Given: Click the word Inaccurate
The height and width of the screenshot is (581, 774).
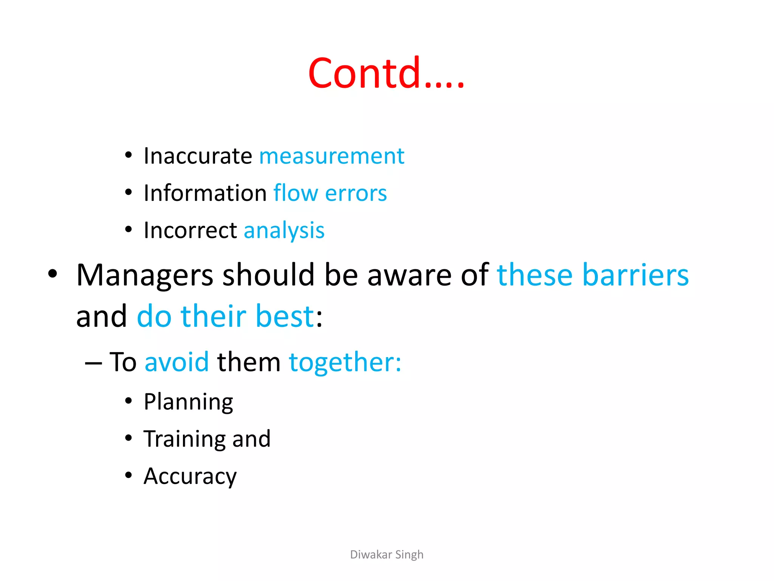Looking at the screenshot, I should coord(198,156).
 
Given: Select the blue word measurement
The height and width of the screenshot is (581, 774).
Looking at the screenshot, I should coord(331,156).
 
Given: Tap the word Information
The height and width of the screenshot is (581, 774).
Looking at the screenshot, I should coord(206,193).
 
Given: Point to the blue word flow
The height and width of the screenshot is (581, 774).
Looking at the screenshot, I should coord(296,193).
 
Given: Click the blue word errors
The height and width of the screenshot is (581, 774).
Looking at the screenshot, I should coord(356,193).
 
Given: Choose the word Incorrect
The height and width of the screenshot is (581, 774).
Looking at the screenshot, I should coord(190,230).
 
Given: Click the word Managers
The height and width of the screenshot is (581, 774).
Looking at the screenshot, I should coord(145,275).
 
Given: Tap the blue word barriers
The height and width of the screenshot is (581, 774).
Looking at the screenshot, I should coord(636,275).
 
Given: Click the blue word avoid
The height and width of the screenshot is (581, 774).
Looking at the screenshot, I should coord(176,362).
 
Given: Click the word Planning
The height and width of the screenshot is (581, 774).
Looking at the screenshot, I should coord(188,402).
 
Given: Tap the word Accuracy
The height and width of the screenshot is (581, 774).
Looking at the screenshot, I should coord(190,477).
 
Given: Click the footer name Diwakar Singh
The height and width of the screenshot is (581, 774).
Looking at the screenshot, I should coord(387,555).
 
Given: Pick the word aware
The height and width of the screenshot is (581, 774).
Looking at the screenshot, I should coord(409,275).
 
